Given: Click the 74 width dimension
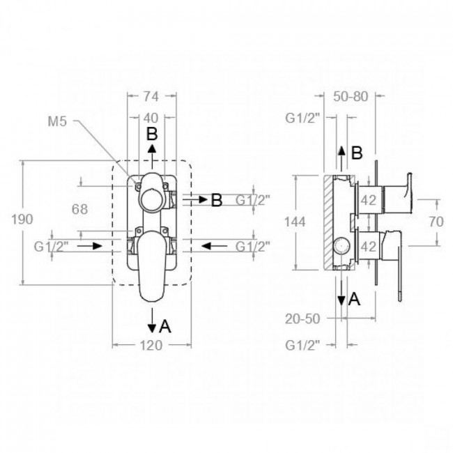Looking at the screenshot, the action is pyautogui.click(x=151, y=96).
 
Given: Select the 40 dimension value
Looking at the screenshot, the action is pyautogui.click(x=151, y=118).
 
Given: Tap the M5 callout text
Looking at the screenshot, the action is pyautogui.click(x=57, y=121).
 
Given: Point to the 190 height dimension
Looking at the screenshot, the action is pyautogui.click(x=22, y=220).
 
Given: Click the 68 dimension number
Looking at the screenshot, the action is pyautogui.click(x=79, y=209).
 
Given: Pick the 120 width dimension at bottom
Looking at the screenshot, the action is pyautogui.click(x=151, y=345).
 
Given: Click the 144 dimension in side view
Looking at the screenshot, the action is pyautogui.click(x=295, y=222).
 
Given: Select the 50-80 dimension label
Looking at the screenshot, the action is pyautogui.click(x=351, y=96).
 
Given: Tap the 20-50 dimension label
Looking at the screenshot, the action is pyautogui.click(x=302, y=319).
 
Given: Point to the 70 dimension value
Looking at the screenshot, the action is pyautogui.click(x=436, y=222).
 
